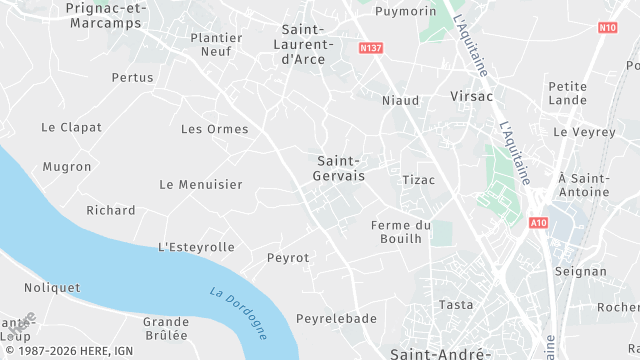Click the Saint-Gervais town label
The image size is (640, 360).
[340, 167]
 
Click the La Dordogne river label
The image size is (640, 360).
[239, 313]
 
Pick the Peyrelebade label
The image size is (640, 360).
[336, 319]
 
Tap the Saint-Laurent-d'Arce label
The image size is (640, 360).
[307, 44]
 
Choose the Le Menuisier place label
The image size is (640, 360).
[201, 185]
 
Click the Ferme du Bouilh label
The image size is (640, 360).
[400, 232]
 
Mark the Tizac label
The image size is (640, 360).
[418, 180]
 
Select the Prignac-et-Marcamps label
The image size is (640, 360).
[106, 15]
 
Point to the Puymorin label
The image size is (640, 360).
[406, 12]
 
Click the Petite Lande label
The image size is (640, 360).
[568, 94]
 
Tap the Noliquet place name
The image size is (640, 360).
[52, 288]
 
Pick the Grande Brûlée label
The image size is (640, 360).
[166, 329]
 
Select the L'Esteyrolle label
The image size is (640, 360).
[197, 247]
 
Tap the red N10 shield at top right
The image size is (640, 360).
[608, 27]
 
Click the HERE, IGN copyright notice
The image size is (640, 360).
[69, 352]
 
